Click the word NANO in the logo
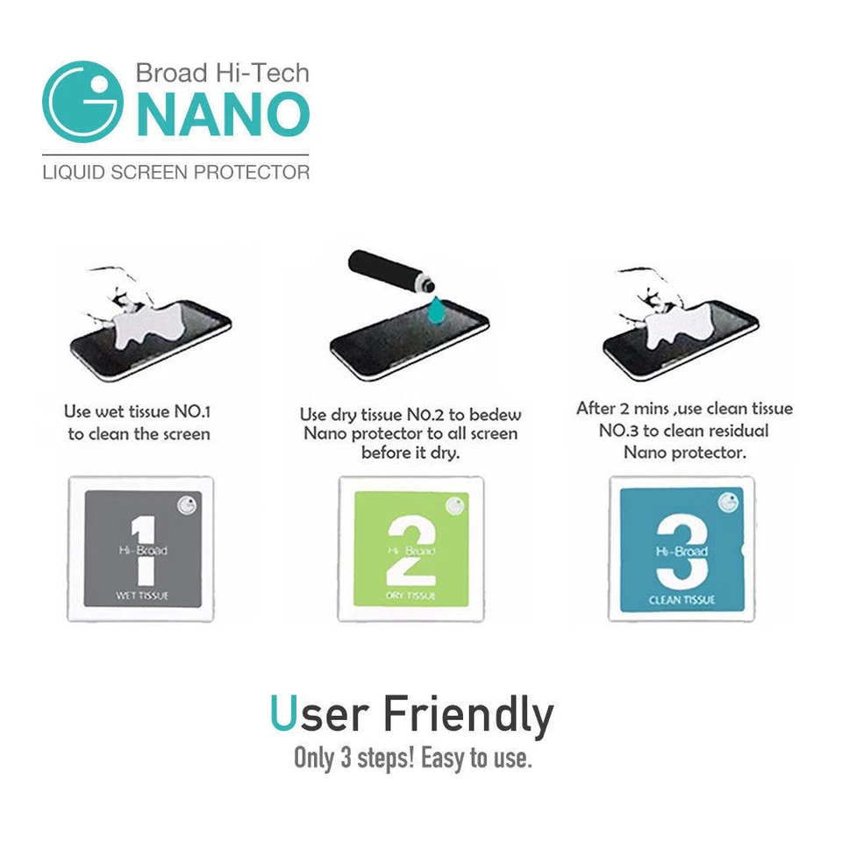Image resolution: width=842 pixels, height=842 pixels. click(223, 112)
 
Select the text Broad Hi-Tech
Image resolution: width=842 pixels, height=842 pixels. click(222, 72)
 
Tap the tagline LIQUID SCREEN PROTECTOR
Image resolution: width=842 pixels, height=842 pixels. click(175, 171)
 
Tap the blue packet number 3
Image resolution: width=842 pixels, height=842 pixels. click(681, 549)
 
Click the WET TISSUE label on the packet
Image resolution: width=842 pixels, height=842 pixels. click(142, 596)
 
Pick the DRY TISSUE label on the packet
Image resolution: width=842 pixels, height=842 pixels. click(410, 596)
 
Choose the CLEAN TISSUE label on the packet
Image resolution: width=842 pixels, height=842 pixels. click(681, 599)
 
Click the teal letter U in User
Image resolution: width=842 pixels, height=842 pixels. click(282, 716)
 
